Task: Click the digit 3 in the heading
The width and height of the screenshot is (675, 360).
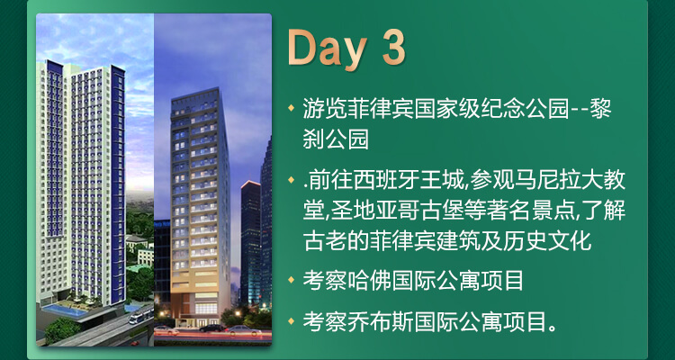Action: pyautogui.click(x=393, y=48)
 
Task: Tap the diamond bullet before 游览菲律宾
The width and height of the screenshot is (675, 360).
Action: pyautogui.click(x=292, y=107)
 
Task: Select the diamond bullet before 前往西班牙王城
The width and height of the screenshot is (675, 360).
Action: pyautogui.click(x=292, y=179)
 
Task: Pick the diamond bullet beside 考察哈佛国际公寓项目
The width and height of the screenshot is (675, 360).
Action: pyautogui.click(x=292, y=280)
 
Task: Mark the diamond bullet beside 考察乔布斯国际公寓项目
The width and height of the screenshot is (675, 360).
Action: pyautogui.click(x=292, y=320)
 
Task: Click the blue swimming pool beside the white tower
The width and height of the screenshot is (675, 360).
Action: pyautogui.click(x=65, y=310)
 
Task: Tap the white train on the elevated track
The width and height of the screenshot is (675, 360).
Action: pyautogui.click(x=140, y=316)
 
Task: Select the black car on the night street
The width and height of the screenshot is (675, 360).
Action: pyautogui.click(x=211, y=328)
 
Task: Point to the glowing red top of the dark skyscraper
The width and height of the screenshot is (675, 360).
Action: pyautogui.click(x=250, y=184)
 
